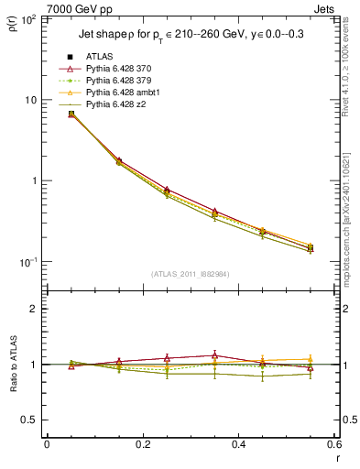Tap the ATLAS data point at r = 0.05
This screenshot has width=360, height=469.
coord(71,114)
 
